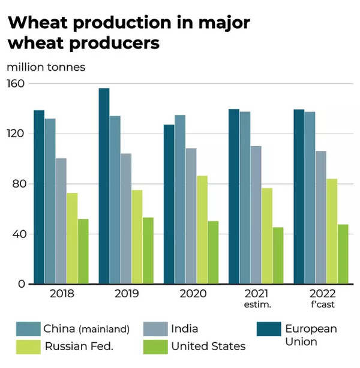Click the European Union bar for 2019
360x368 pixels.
click(x=104, y=186)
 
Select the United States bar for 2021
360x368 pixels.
click(x=278, y=255)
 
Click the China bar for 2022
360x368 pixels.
click(x=310, y=198)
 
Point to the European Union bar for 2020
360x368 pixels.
click(x=169, y=204)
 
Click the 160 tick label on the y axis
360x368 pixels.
click(x=16, y=83)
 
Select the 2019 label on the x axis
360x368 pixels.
click(x=126, y=294)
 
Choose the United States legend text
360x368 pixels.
click(x=208, y=346)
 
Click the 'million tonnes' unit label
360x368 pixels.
click(x=46, y=67)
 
